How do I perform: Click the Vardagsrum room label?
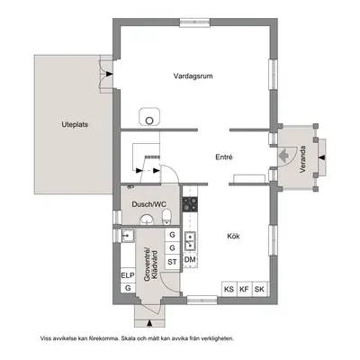[x=193, y=76]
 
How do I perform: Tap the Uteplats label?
[x=75, y=124]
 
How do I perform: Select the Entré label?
[x=224, y=157]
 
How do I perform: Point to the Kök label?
[x=233, y=236]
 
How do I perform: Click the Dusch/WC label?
[x=149, y=204]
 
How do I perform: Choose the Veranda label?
[x=302, y=159]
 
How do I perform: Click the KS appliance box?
[x=229, y=289]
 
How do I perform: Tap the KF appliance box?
[x=245, y=289]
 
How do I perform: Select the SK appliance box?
[x=260, y=289]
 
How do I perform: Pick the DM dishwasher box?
[x=190, y=260]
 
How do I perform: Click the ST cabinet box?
[x=172, y=262]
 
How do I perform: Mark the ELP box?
[x=128, y=275]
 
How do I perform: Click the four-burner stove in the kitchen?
[x=190, y=204]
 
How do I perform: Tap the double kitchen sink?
[x=190, y=241]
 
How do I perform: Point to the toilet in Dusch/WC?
[x=166, y=217]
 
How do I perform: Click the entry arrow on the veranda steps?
[x=321, y=157]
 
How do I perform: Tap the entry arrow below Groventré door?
[x=149, y=323]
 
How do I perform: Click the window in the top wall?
[x=194, y=22]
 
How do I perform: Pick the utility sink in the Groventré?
[x=128, y=235]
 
